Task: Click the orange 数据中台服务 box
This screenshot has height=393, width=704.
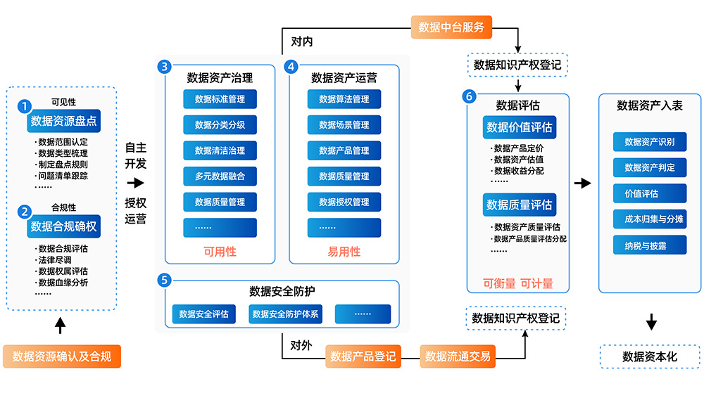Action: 451,27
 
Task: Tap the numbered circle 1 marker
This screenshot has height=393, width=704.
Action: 25,107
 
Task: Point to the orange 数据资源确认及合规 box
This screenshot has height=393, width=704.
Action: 62,356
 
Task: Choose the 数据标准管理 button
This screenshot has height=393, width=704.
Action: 220,99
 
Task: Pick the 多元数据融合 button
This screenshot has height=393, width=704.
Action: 220,176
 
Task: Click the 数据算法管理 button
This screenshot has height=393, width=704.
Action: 344,99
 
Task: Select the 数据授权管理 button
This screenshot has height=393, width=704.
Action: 344,202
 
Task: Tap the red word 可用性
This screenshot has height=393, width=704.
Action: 220,251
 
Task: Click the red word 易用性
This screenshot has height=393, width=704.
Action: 344,251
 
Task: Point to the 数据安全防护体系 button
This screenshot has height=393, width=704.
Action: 286,314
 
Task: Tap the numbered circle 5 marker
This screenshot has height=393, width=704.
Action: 165,280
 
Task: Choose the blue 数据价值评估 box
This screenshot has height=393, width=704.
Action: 520,127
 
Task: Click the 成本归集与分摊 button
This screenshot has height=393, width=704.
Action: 649,219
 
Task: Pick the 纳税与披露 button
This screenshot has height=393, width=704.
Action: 649,245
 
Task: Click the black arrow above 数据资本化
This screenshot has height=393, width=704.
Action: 651,323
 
